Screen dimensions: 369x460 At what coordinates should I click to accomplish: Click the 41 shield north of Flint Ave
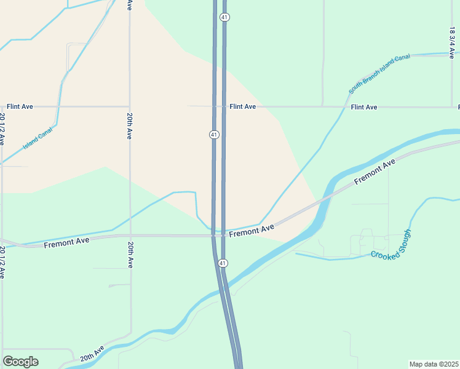tap(224, 17)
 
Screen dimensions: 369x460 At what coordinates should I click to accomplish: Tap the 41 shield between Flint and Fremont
tap(213, 134)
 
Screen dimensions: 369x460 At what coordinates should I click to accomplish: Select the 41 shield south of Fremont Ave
tap(223, 263)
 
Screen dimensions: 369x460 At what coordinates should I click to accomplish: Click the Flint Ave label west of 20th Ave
tap(20, 106)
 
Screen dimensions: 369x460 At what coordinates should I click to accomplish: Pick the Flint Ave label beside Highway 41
tap(242, 106)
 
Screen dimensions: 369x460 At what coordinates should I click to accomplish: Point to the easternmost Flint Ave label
tap(363, 107)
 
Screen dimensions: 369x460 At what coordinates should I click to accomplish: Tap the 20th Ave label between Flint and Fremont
tap(130, 125)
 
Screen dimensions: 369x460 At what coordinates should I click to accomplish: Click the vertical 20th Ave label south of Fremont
tap(130, 254)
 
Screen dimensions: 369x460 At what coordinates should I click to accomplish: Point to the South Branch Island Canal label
tap(379, 74)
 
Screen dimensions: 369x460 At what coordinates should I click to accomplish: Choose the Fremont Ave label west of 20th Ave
tap(66, 242)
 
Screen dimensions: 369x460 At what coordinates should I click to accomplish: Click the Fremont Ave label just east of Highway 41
tap(252, 231)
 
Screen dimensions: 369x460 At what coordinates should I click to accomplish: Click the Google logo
tap(20, 362)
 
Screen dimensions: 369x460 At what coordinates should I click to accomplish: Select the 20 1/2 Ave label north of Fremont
tap(2, 129)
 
